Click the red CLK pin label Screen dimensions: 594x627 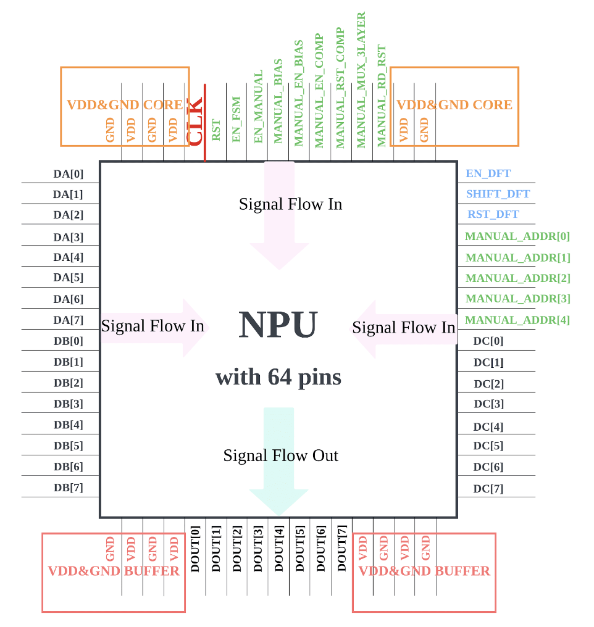pos(195,122)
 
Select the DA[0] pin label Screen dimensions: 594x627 pos(69,174)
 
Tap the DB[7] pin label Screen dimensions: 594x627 pos(69,488)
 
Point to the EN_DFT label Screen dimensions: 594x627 pos(488,173)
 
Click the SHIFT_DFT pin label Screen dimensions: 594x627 pos(498,194)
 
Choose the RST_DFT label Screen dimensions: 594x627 pos(493,214)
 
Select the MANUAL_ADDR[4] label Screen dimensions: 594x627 pos(517,320)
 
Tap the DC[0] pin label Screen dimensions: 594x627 pos(488,341)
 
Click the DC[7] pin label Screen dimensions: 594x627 pos(488,489)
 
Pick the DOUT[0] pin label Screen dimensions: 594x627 pos(195,549)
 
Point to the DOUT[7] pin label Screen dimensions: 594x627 pos(341,549)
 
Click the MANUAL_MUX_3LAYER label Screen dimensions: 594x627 pos(361,80)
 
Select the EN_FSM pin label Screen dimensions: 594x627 pos(236,119)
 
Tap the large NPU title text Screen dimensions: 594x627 pos(278,324)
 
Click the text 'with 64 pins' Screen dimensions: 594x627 pos(278,377)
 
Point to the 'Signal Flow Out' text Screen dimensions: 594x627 pos(281,455)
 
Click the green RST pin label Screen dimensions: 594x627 pos(216,130)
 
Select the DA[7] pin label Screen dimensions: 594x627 pos(69,320)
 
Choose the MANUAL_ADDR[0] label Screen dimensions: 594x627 pos(517,236)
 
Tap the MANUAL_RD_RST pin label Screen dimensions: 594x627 pos(382,96)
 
